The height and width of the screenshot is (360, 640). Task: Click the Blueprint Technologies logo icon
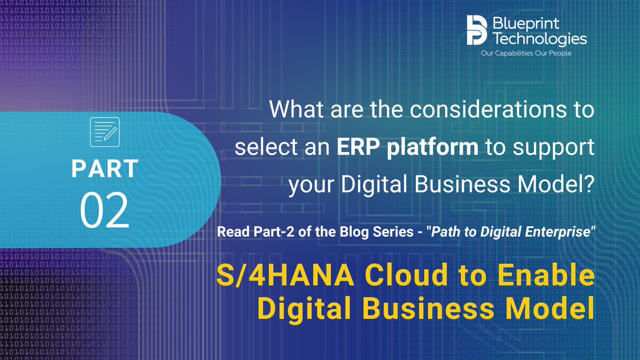pyautogui.click(x=477, y=30)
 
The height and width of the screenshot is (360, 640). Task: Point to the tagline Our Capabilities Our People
pyautogui.click(x=526, y=53)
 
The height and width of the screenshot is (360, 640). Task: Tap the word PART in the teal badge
pyautogui.click(x=105, y=169)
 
